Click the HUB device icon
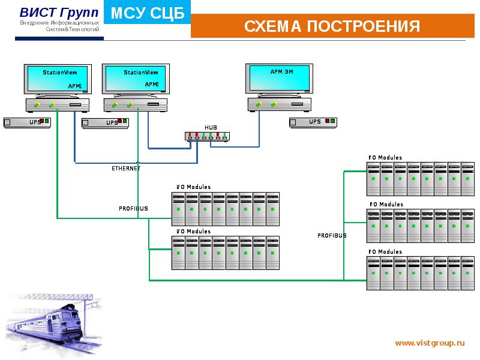tap(207, 136)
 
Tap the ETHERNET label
tap(126, 169)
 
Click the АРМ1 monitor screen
tap(59, 78)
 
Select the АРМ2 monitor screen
tap(137, 78)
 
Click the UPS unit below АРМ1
tap(28, 122)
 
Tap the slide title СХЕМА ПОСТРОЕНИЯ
tap(332, 26)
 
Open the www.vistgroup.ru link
tap(430, 343)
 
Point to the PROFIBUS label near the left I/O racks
tap(133, 209)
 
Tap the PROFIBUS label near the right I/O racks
tap(332, 236)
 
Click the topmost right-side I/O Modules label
tap(385, 158)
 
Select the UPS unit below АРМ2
tap(106, 122)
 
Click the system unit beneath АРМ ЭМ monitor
tap(280, 104)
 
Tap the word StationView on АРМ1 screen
tap(56, 72)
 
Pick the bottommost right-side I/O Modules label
tap(385, 252)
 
